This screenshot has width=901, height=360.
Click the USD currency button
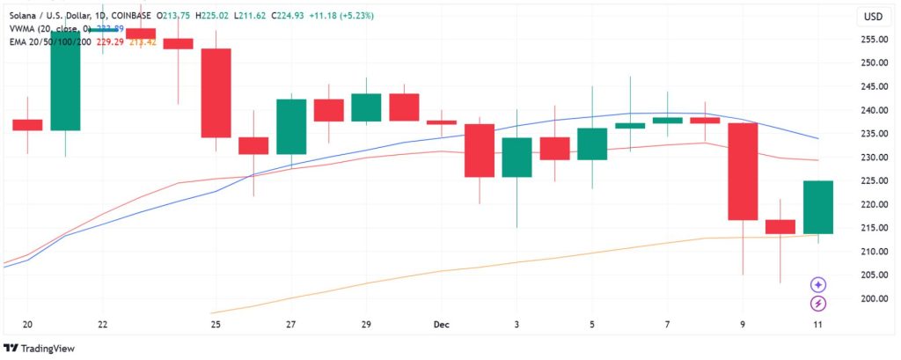(x=873, y=17)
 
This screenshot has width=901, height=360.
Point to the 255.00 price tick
(x=872, y=40)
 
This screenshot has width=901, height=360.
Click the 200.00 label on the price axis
(x=872, y=298)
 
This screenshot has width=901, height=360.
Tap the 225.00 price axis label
(x=872, y=180)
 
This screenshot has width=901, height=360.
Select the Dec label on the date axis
(x=442, y=324)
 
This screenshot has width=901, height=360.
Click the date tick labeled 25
(x=216, y=324)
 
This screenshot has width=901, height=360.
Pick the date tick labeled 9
(x=743, y=324)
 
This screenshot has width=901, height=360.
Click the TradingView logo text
(x=45, y=348)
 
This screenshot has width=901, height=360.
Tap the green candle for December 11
(x=818, y=207)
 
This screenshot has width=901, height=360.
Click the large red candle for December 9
(x=743, y=172)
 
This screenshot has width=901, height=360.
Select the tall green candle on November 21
(x=65, y=81)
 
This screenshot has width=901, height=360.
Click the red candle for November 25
(x=216, y=92)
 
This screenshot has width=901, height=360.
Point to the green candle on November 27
(x=291, y=127)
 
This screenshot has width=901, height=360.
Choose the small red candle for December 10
(x=780, y=226)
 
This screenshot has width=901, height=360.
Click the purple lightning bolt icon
(x=818, y=304)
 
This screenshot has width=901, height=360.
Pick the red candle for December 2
(x=480, y=151)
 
